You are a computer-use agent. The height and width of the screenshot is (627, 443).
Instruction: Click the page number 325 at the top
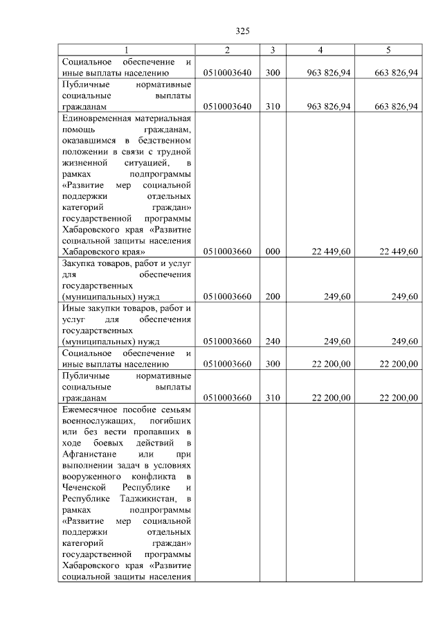click(242, 31)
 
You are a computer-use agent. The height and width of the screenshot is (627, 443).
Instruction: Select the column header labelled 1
click(126, 50)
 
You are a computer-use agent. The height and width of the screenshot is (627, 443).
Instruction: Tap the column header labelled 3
click(273, 50)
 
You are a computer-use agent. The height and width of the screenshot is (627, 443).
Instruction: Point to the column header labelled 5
click(388, 50)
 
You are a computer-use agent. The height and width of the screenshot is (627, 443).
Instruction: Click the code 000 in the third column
click(273, 251)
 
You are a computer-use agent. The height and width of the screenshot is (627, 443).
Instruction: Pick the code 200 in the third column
click(273, 297)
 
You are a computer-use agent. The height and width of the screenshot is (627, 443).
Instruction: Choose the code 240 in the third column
click(273, 341)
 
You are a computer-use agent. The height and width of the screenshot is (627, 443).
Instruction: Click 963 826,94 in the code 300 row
click(328, 72)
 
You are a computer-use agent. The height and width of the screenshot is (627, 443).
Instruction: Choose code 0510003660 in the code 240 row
click(228, 341)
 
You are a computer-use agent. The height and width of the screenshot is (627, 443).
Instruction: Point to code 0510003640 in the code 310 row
click(228, 106)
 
